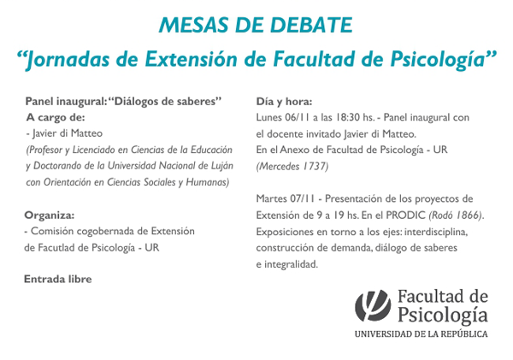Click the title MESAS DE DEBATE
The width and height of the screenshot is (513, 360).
click(x=256, y=25)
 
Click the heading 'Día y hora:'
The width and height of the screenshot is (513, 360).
click(x=284, y=102)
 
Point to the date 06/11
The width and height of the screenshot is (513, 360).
click(x=297, y=117)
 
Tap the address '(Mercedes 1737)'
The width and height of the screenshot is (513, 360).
click(x=292, y=167)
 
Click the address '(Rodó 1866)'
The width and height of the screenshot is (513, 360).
click(x=456, y=215)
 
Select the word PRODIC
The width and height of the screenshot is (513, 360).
click(x=405, y=215)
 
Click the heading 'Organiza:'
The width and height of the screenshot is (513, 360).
click(x=50, y=215)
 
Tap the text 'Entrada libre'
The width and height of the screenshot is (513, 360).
click(x=58, y=279)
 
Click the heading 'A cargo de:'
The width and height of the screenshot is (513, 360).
click(x=56, y=117)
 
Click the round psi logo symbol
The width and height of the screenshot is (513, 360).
click(x=373, y=305)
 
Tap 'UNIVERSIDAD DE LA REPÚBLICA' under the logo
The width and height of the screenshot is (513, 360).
click(x=422, y=334)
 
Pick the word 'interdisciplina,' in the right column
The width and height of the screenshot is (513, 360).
click(x=436, y=232)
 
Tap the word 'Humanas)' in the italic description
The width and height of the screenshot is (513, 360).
click(x=208, y=182)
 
